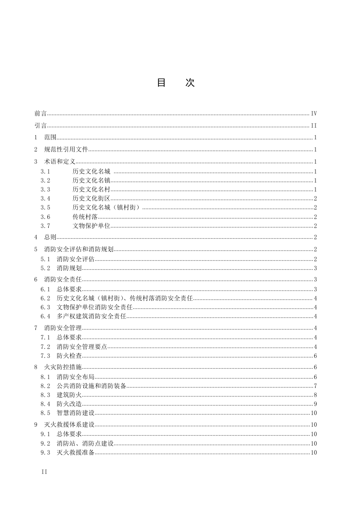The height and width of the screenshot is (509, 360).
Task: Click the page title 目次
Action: pyautogui.click(x=175, y=83)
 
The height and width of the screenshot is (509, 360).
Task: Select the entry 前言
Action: pyautogui.click(x=40, y=114)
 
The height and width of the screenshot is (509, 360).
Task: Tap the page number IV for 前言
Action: pyautogui.click(x=314, y=114)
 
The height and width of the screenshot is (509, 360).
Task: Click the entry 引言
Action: pyautogui.click(x=40, y=125)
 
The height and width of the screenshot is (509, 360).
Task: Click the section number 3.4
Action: pyautogui.click(x=45, y=198)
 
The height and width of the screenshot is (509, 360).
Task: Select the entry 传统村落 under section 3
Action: pyautogui.click(x=85, y=217)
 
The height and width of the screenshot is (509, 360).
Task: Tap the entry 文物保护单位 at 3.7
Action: pyautogui.click(x=91, y=226)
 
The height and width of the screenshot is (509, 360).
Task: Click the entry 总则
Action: pyautogui.click(x=50, y=237)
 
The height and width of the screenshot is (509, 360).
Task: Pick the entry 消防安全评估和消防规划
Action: pyautogui.click(x=79, y=250)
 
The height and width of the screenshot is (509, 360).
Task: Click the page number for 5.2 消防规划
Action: pyautogui.click(x=316, y=268)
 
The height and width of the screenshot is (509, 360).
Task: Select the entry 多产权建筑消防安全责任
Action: pyautogui.click(x=91, y=316)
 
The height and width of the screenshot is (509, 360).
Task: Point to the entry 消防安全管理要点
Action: pyautogui.click(x=82, y=347)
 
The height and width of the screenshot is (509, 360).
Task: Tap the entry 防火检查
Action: pyautogui.click(x=69, y=356)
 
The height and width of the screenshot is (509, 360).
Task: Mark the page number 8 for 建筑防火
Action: pyautogui.click(x=316, y=395)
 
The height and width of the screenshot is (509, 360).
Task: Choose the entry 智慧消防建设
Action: pyautogui.click(x=76, y=413)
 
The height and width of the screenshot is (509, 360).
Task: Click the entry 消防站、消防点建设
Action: pyautogui.click(x=85, y=443)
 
